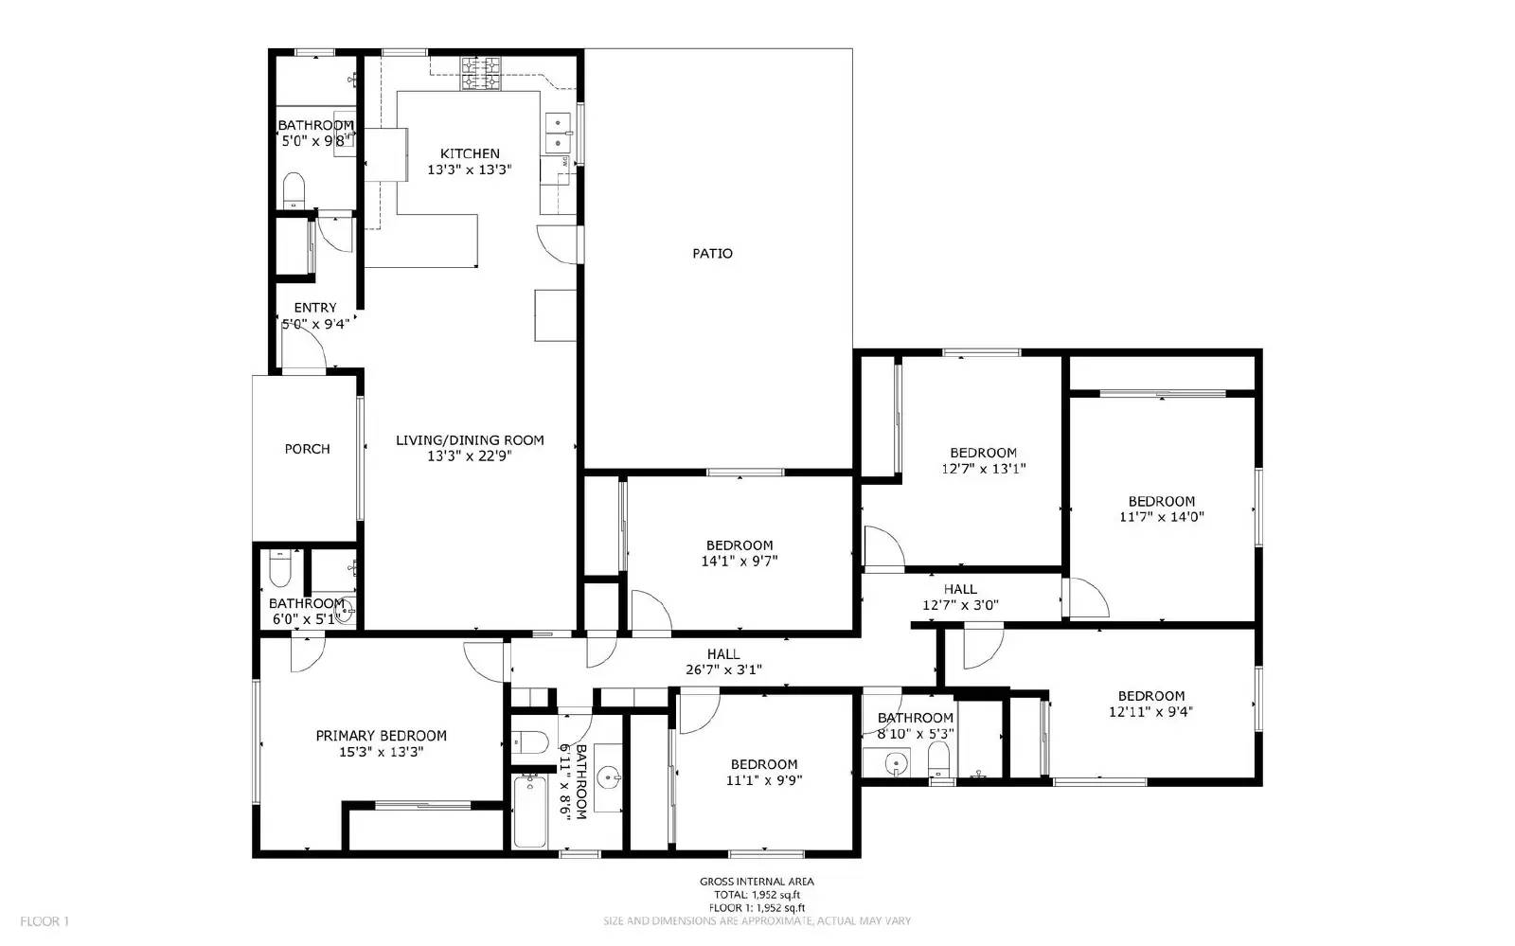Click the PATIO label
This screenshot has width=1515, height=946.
(x=712, y=254)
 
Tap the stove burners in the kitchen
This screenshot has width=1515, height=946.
(x=480, y=74)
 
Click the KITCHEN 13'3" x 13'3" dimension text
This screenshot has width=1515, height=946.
(x=470, y=170)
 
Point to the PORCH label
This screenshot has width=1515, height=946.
(x=307, y=449)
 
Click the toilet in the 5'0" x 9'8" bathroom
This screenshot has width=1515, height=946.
(x=294, y=191)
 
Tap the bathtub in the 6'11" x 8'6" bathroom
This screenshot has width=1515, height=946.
(x=529, y=812)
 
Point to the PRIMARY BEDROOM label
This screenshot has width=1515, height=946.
(x=381, y=736)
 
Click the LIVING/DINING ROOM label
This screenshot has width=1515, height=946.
(x=470, y=440)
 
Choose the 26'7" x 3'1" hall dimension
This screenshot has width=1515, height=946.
(x=723, y=669)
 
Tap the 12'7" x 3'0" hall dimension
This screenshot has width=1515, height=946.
(x=960, y=605)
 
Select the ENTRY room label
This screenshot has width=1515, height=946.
(x=314, y=308)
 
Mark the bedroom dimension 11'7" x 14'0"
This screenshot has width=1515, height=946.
(x=1161, y=517)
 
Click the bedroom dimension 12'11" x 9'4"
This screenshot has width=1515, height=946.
(x=1150, y=711)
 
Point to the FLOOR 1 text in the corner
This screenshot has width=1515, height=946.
(x=45, y=920)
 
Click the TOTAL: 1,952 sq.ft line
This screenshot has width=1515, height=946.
(x=757, y=895)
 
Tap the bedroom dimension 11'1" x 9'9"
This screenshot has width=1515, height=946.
(x=763, y=780)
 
